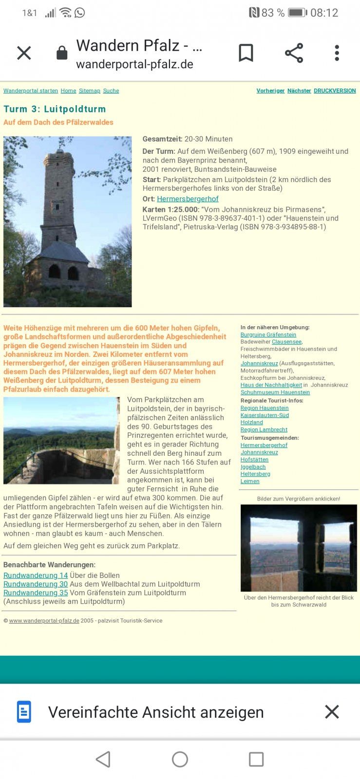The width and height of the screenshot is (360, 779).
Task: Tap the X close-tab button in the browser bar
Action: click(x=24, y=53)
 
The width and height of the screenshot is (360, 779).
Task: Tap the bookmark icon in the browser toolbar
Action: click(x=246, y=53)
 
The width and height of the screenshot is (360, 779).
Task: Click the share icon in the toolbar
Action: click(x=294, y=53)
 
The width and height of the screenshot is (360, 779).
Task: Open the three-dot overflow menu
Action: click(x=337, y=53)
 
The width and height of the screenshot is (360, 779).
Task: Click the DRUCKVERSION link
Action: click(x=335, y=91)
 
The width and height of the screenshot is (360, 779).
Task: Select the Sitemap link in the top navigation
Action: click(x=90, y=91)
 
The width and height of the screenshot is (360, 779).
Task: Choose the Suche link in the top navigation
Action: click(x=111, y=91)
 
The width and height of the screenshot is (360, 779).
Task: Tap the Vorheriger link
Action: click(x=270, y=91)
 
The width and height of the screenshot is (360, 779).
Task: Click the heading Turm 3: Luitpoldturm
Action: click(x=55, y=109)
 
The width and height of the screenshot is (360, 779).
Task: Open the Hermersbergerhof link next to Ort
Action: click(x=188, y=199)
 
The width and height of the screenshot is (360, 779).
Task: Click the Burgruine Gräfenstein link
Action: click(x=268, y=335)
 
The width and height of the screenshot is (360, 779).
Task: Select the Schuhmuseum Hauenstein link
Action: click(x=275, y=392)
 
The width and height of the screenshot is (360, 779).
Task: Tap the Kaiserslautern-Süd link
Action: click(x=265, y=415)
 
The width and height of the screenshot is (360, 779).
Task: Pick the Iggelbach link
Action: click(x=253, y=467)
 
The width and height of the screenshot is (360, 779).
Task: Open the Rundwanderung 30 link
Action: click(x=36, y=584)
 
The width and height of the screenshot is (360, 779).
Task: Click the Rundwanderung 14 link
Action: click(x=36, y=575)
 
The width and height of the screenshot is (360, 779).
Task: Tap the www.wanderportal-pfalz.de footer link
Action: click(x=44, y=621)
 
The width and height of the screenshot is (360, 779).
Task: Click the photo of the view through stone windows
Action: click(x=299, y=548)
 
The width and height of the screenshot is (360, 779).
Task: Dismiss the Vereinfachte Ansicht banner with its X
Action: click(x=332, y=712)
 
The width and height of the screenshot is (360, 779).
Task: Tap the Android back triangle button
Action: click(x=103, y=759)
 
